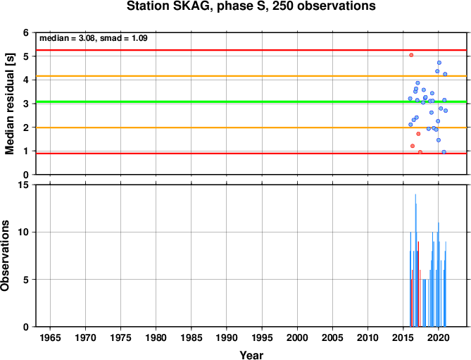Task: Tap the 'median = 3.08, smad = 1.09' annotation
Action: click(x=94, y=38)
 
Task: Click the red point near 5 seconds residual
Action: click(x=411, y=55)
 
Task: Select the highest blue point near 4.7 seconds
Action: click(x=439, y=63)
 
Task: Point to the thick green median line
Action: click(x=251, y=102)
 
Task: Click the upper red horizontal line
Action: click(x=251, y=50)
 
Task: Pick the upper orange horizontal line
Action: click(x=251, y=76)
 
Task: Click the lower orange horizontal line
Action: click(x=251, y=128)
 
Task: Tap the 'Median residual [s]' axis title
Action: click(x=10, y=104)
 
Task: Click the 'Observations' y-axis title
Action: click(x=5, y=256)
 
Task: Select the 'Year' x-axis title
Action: click(x=251, y=355)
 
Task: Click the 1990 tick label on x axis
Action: click(x=227, y=337)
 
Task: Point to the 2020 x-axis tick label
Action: click(x=438, y=337)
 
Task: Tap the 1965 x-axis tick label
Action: click(x=50, y=337)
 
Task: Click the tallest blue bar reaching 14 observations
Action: click(x=415, y=260)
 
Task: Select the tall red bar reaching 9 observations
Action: click(x=418, y=284)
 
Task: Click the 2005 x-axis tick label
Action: click(x=332, y=337)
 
